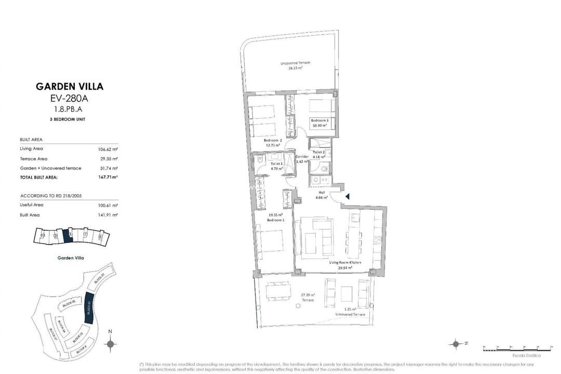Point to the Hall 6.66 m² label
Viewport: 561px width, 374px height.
coord(322,194)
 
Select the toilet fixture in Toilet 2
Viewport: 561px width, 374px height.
coord(323,167)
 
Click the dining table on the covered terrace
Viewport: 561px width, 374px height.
coord(279,291)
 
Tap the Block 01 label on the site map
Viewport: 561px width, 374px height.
coord(100,281)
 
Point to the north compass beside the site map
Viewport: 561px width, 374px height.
coord(110,343)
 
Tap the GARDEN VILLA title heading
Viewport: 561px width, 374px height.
coord(69,86)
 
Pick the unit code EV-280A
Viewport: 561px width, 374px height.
coord(69,98)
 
